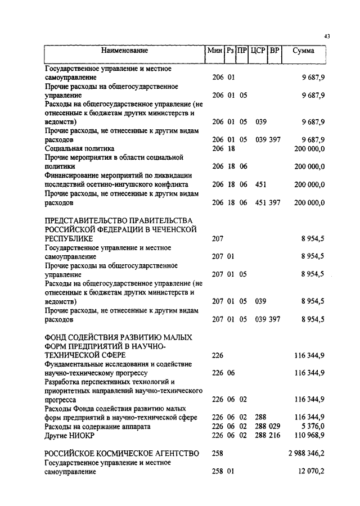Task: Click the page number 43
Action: tap(327, 37)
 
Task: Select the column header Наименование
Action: tap(125, 51)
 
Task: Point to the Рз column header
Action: tap(230, 51)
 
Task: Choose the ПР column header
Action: tap(242, 51)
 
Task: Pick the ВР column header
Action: tap(274, 51)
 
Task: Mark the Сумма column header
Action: tap(304, 51)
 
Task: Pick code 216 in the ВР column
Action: tap(274, 435)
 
